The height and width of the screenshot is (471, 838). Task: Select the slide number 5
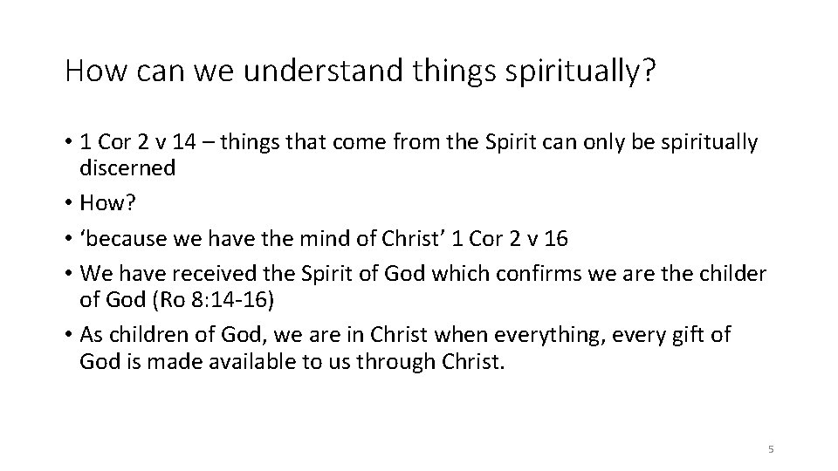pyautogui.click(x=770, y=449)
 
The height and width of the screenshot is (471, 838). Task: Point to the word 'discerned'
pyautogui.click(x=127, y=168)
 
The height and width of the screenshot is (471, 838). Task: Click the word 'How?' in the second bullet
pyautogui.click(x=106, y=203)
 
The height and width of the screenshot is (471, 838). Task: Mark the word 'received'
pyautogui.click(x=191, y=274)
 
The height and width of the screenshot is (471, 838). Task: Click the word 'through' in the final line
pyautogui.click(x=412, y=360)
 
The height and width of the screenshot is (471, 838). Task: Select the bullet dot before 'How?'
pyautogui.click(x=67, y=204)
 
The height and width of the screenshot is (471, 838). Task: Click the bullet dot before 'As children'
pyautogui.click(x=67, y=335)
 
